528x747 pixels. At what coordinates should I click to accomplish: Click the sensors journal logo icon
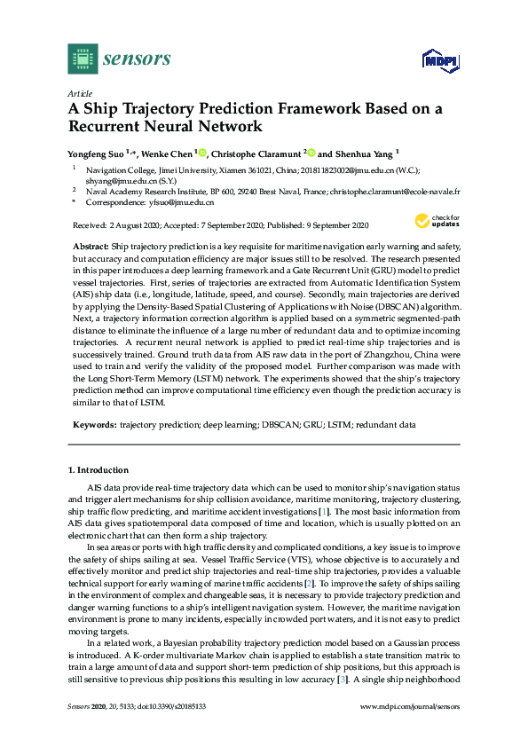coord(83,59)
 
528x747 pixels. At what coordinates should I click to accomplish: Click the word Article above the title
coord(80,93)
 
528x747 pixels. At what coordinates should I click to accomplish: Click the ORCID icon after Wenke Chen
coord(202,153)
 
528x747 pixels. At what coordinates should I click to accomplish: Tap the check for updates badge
coord(436,222)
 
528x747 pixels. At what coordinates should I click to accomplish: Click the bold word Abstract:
coord(89,244)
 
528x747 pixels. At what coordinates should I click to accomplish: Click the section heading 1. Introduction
coord(99,469)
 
